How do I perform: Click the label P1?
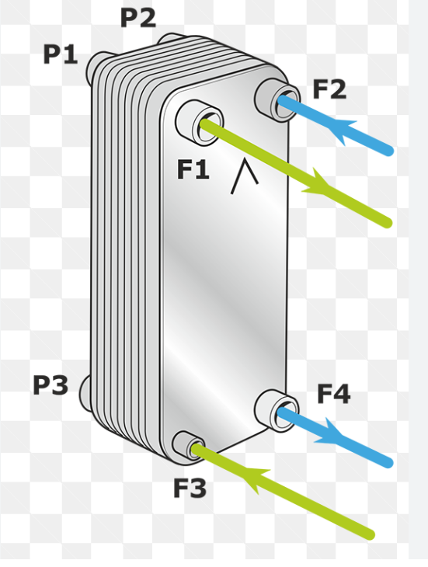(x=61, y=54)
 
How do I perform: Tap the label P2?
(x=138, y=18)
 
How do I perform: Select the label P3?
(x=50, y=384)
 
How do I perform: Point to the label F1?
(x=193, y=169)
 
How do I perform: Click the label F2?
(x=329, y=89)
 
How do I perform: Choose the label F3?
(x=190, y=488)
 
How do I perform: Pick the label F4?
(x=334, y=394)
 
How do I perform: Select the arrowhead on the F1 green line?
(x=317, y=183)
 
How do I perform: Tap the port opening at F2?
(x=286, y=103)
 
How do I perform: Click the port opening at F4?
(x=286, y=413)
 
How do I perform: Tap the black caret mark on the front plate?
(x=245, y=176)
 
